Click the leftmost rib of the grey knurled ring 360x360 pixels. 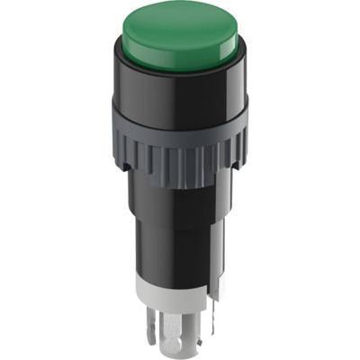[x=119, y=153]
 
